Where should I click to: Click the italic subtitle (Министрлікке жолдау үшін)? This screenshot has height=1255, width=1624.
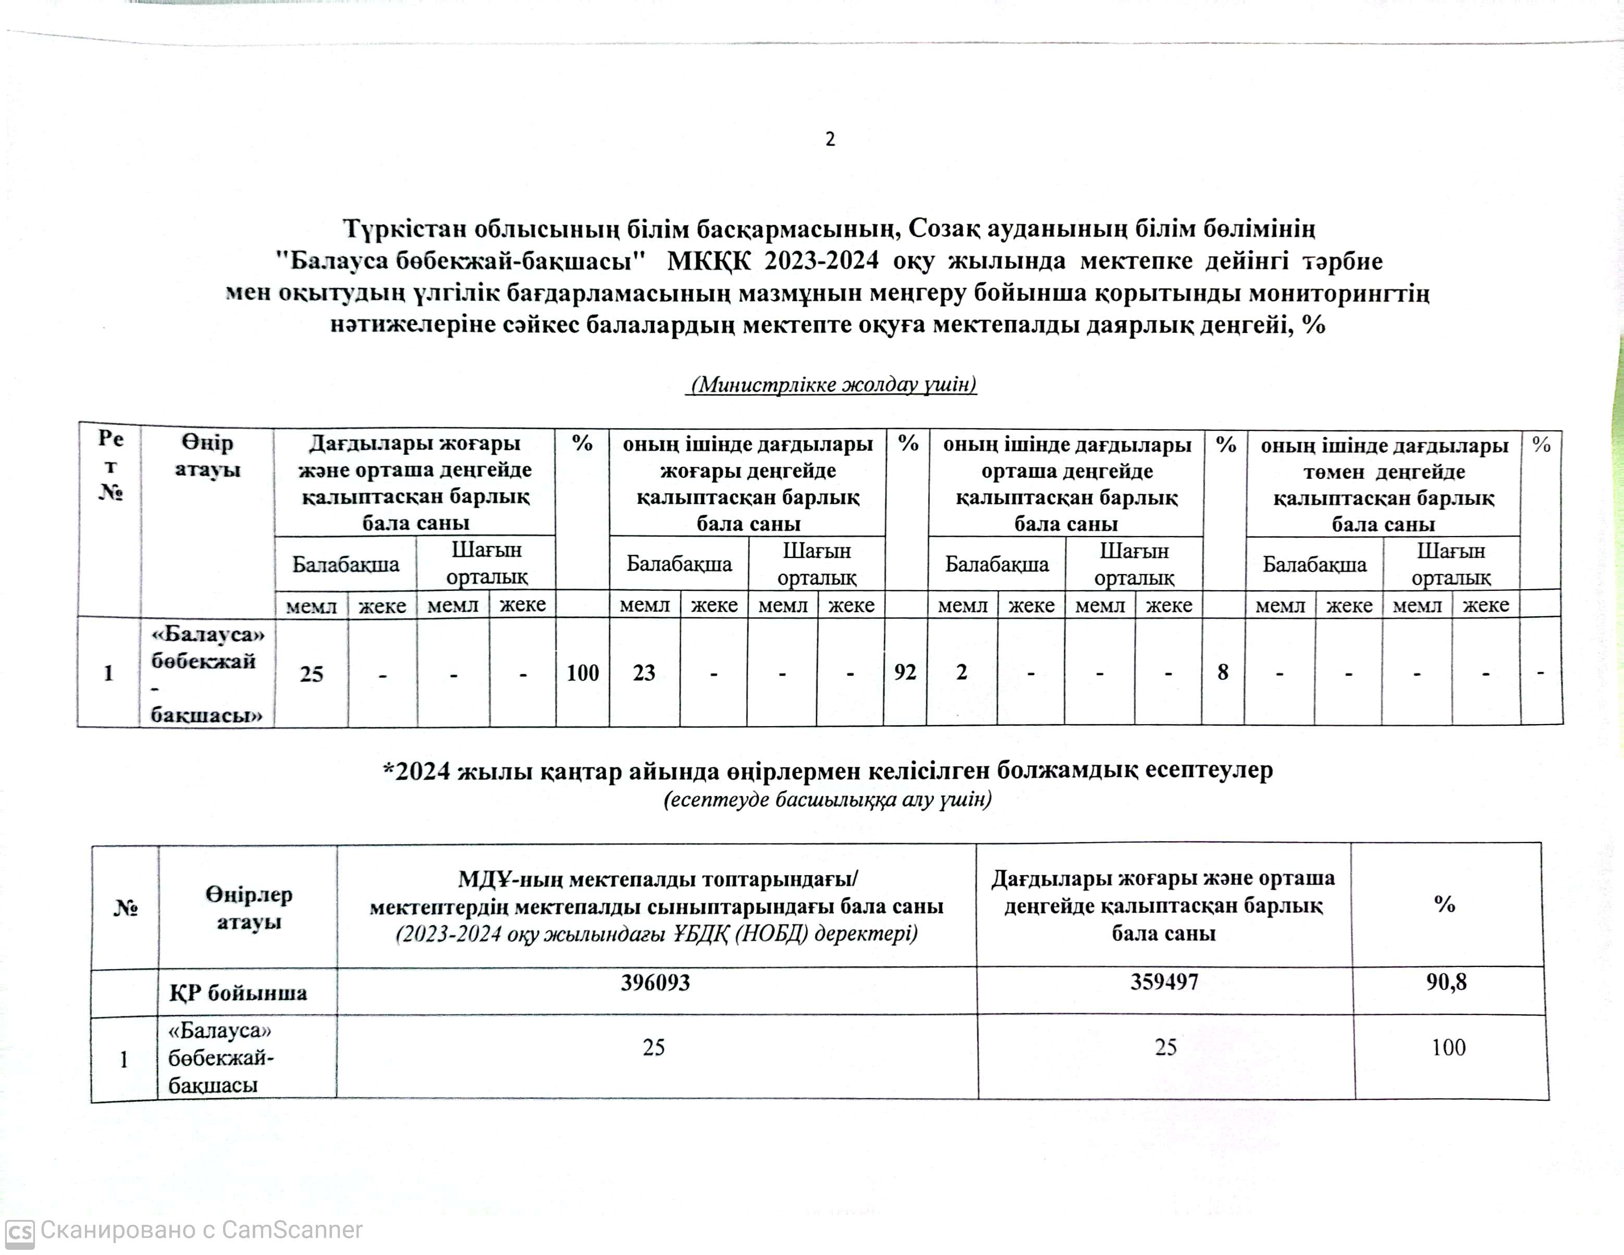point(831,384)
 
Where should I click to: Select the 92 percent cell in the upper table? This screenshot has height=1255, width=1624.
point(905,672)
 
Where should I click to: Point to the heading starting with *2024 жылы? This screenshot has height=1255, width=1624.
point(827,771)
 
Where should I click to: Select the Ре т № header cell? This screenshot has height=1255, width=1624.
point(110,465)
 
